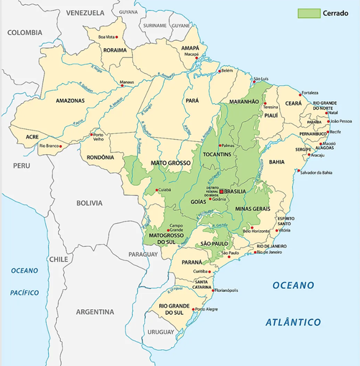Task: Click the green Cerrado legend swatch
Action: (x=309, y=13)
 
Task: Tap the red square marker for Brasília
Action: (x=221, y=191)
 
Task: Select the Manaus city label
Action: (x=126, y=82)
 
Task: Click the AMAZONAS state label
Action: (x=70, y=101)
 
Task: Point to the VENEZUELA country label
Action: (x=85, y=12)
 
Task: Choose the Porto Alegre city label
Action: (x=207, y=310)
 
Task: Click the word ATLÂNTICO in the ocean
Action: (x=293, y=322)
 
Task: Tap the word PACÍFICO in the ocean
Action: (x=24, y=293)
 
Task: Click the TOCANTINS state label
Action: (x=215, y=154)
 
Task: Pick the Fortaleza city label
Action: (x=310, y=93)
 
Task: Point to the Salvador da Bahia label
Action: (x=316, y=173)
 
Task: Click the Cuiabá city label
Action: (x=164, y=190)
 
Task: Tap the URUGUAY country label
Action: (x=161, y=332)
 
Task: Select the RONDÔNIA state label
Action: (x=100, y=157)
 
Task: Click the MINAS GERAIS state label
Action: (x=253, y=209)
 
